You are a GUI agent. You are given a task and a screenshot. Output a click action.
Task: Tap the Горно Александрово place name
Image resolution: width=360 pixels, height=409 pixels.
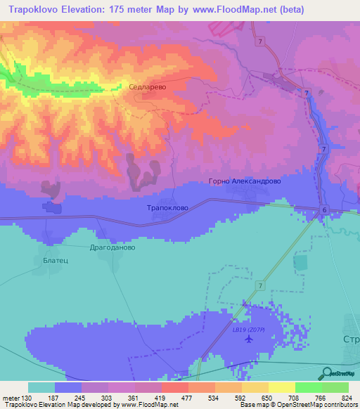point(245,181)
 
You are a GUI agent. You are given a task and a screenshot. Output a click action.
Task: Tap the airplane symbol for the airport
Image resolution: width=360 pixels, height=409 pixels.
point(248,339)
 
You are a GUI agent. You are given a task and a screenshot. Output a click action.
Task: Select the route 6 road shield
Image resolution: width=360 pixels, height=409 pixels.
point(324,210)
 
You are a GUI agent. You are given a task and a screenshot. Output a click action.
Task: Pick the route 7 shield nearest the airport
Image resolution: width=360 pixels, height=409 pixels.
point(259,285)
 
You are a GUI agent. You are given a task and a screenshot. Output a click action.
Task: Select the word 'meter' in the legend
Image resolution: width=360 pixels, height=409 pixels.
point(12,397)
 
